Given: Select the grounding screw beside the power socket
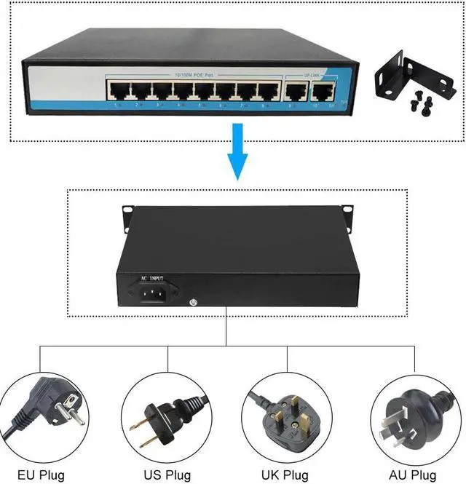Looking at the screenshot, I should pos(191,303).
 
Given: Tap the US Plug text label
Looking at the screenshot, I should pos(167,475).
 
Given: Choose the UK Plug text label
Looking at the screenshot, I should pos(286,475).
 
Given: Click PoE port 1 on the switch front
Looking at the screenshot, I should pos(118,90).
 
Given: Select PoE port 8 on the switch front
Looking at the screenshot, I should pos(269,91).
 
